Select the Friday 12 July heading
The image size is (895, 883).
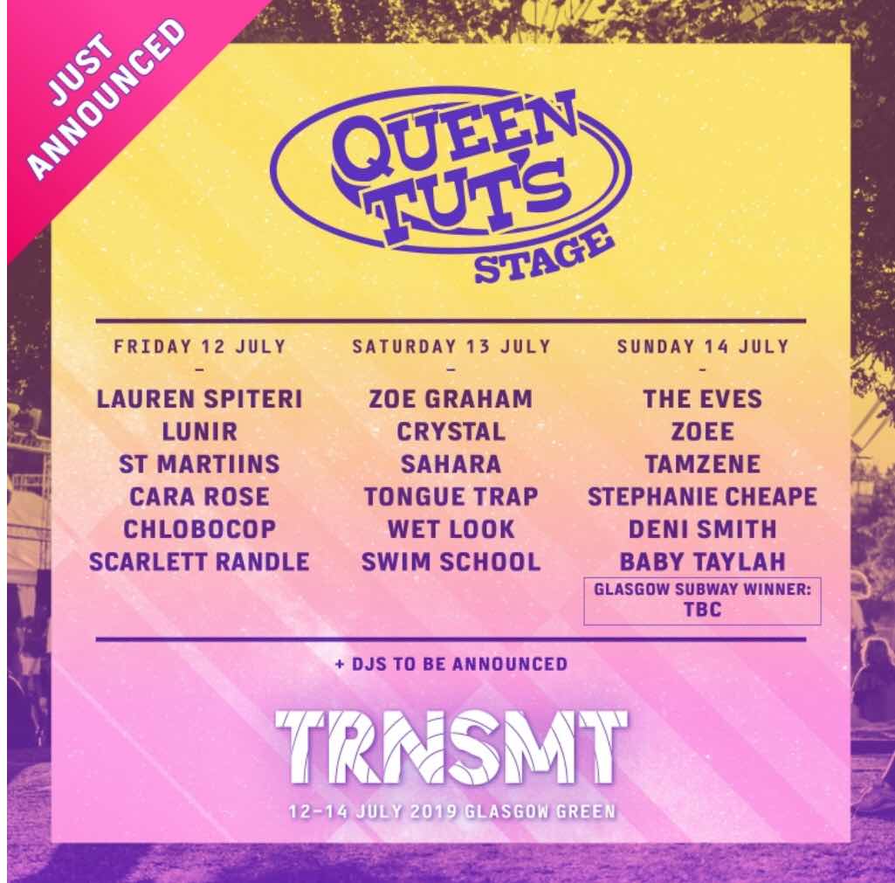point(200,347)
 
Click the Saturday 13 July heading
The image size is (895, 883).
point(451,347)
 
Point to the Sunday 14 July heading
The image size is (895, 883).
point(703,347)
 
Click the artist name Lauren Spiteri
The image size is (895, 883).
point(200,399)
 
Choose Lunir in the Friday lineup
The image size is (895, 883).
point(200,431)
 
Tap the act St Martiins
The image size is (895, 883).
point(200,464)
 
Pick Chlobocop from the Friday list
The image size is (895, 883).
point(200,529)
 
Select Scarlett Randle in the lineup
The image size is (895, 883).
point(200,562)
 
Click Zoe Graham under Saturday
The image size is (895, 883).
point(451,399)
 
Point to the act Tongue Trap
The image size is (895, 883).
point(451,497)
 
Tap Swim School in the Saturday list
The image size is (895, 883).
point(451,562)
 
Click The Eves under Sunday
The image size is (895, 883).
point(703,399)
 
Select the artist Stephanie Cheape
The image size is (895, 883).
point(703,497)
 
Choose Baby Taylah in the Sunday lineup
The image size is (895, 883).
point(703,562)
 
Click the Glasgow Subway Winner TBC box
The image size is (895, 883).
point(703,601)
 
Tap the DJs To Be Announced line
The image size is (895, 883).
point(451,664)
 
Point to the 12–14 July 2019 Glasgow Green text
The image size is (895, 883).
point(452,811)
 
